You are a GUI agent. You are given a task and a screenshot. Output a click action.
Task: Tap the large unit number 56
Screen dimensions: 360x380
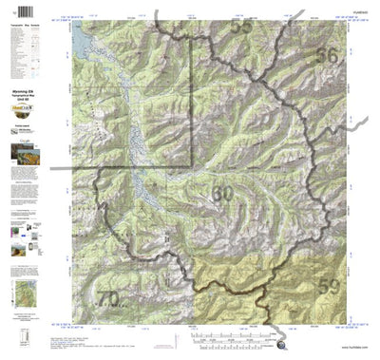tap(326, 56)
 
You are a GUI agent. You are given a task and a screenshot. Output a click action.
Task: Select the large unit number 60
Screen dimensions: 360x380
tap(221, 194)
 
